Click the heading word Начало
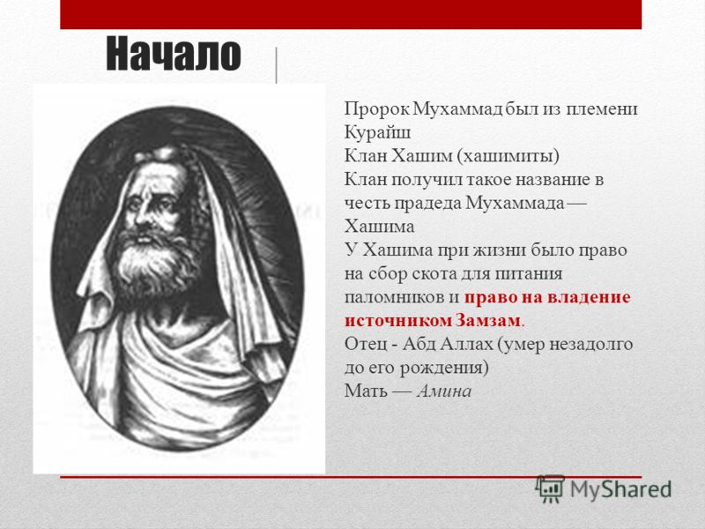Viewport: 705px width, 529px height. point(174,54)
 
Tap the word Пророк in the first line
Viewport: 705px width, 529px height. point(377,109)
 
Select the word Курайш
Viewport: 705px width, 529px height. point(378,133)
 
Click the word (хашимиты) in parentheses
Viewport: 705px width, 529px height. point(508,156)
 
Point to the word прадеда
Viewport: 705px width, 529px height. point(427,204)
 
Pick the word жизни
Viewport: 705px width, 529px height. point(501,250)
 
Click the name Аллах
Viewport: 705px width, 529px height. point(467,344)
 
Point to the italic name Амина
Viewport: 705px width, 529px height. point(444,391)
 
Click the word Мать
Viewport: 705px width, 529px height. point(366,391)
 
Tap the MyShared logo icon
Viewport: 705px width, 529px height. point(550,489)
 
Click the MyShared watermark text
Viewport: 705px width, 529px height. point(621,489)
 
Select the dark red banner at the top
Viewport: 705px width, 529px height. point(351,14)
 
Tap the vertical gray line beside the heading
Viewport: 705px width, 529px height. point(276,65)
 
